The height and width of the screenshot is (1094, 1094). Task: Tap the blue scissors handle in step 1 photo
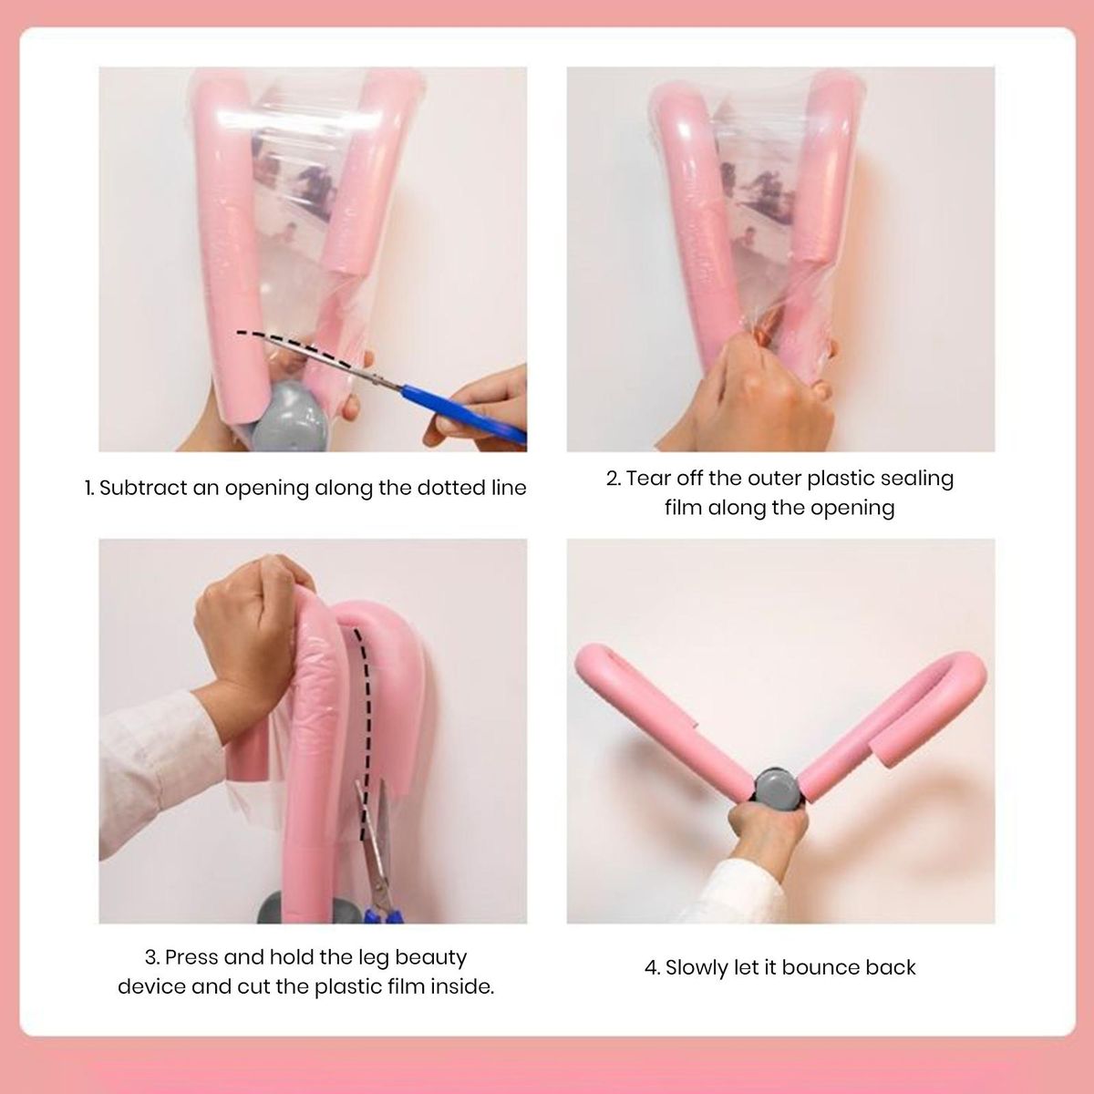click(463, 410)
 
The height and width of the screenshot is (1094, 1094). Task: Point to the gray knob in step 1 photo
click(290, 417)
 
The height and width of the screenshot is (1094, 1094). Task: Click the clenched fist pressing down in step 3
click(250, 630)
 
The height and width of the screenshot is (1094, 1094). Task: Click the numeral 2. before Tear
click(614, 479)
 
